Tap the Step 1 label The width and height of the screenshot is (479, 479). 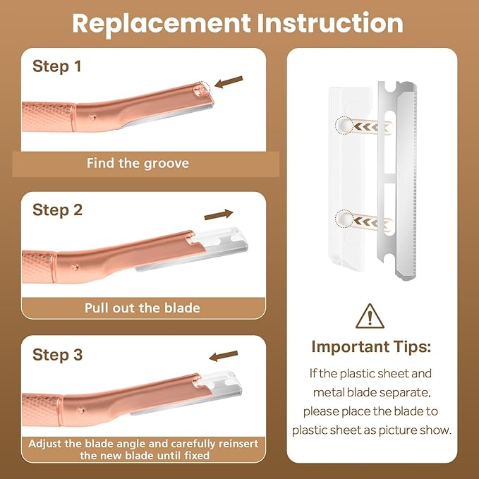[56, 67]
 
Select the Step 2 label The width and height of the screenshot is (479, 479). [57, 210]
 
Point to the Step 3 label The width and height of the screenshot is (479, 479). [57, 354]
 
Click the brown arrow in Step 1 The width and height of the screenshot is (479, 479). [228, 83]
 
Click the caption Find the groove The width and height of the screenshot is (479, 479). [138, 164]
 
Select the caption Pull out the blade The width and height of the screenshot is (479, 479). [143, 308]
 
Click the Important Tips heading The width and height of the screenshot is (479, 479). [370, 347]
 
